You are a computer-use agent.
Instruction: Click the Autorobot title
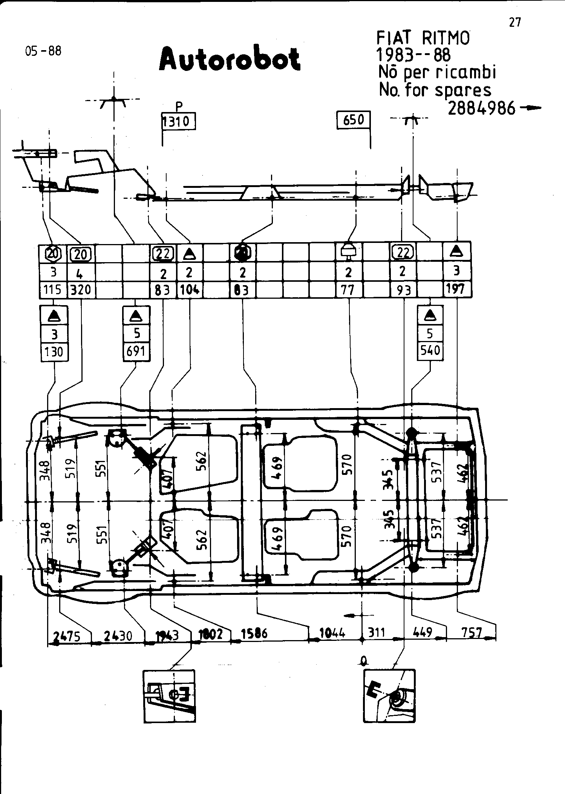point(230,60)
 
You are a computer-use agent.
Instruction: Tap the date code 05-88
point(43,51)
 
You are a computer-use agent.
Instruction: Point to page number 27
point(515,23)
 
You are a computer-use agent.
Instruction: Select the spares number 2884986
point(481,109)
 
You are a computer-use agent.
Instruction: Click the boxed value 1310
point(179,121)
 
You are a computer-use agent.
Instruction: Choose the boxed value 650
point(354,120)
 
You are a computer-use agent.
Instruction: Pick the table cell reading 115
point(52,290)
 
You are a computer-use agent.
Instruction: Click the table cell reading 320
point(81,290)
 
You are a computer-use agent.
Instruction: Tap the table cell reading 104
point(189,290)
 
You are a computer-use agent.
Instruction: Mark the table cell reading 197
point(456,289)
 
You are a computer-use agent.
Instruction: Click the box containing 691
point(136,351)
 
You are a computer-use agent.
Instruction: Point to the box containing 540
point(430,350)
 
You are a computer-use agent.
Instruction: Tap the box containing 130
point(54,352)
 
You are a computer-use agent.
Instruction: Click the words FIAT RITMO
point(423,38)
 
